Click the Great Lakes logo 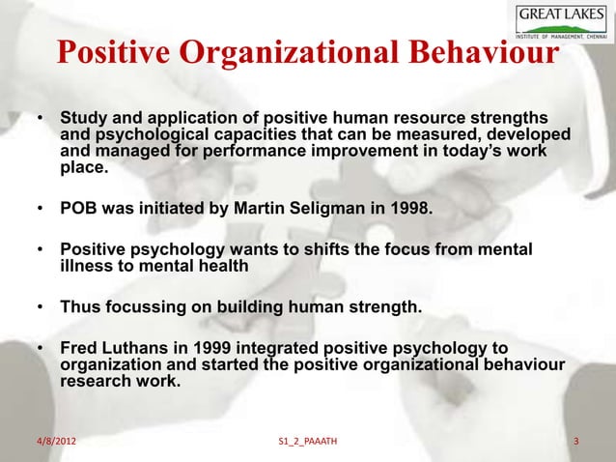(558, 20)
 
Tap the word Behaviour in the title (477, 54)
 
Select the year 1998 (408, 211)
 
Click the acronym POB (80, 211)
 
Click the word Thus (82, 307)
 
